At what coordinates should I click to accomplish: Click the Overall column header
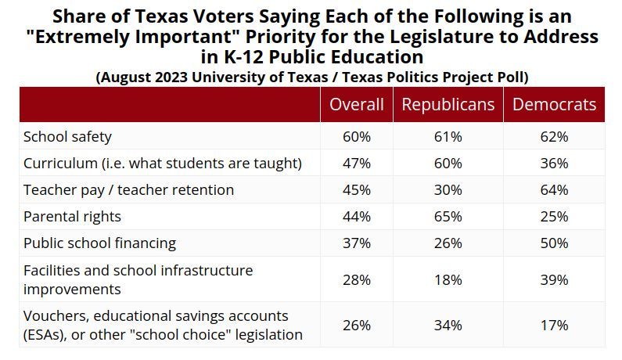click(356, 105)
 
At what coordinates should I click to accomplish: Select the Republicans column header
click(448, 105)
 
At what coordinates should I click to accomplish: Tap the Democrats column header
click(554, 105)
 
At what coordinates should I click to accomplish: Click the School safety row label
click(68, 137)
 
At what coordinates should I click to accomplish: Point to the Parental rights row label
click(72, 216)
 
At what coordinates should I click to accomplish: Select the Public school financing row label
click(99, 243)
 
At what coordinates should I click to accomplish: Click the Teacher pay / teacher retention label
click(128, 189)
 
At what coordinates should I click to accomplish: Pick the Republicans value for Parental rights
click(448, 216)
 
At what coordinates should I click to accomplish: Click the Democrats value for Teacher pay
click(554, 189)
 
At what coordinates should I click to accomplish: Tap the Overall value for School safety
click(356, 137)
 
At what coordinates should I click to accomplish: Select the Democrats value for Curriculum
click(554, 164)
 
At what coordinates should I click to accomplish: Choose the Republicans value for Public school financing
click(448, 243)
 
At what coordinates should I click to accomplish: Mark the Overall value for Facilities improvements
click(356, 279)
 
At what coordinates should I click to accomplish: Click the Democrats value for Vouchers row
click(554, 325)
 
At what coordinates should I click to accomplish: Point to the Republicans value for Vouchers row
click(448, 325)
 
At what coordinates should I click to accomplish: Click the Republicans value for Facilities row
click(448, 279)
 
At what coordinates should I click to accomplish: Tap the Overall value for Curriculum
click(356, 164)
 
